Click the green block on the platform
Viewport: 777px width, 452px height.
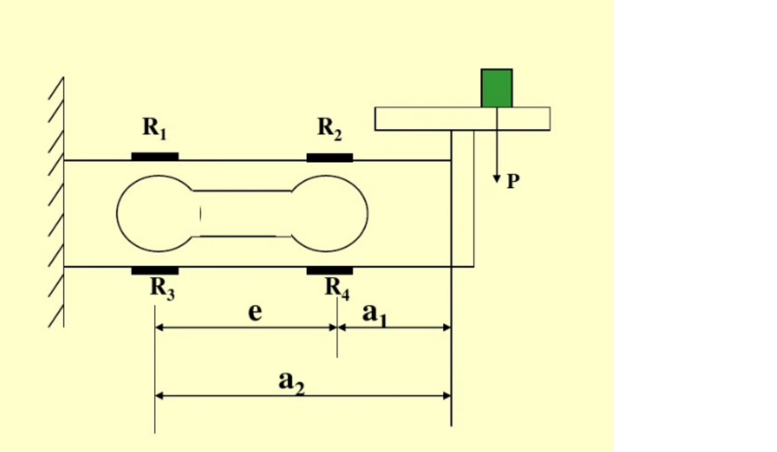(x=497, y=88)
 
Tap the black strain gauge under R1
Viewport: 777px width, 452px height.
(x=155, y=157)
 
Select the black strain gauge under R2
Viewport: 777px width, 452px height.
(x=330, y=157)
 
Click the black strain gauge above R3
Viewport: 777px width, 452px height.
(x=155, y=271)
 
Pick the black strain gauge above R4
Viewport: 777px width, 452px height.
(x=330, y=271)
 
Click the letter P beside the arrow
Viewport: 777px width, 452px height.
(x=513, y=181)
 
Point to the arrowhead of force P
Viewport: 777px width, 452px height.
(x=496, y=179)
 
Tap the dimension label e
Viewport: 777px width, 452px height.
(x=255, y=312)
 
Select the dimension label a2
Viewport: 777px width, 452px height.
(x=291, y=383)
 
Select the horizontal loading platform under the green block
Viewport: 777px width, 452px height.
(x=462, y=119)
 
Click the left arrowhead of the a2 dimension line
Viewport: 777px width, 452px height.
(x=159, y=396)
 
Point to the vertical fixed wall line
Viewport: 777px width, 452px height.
(x=64, y=202)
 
